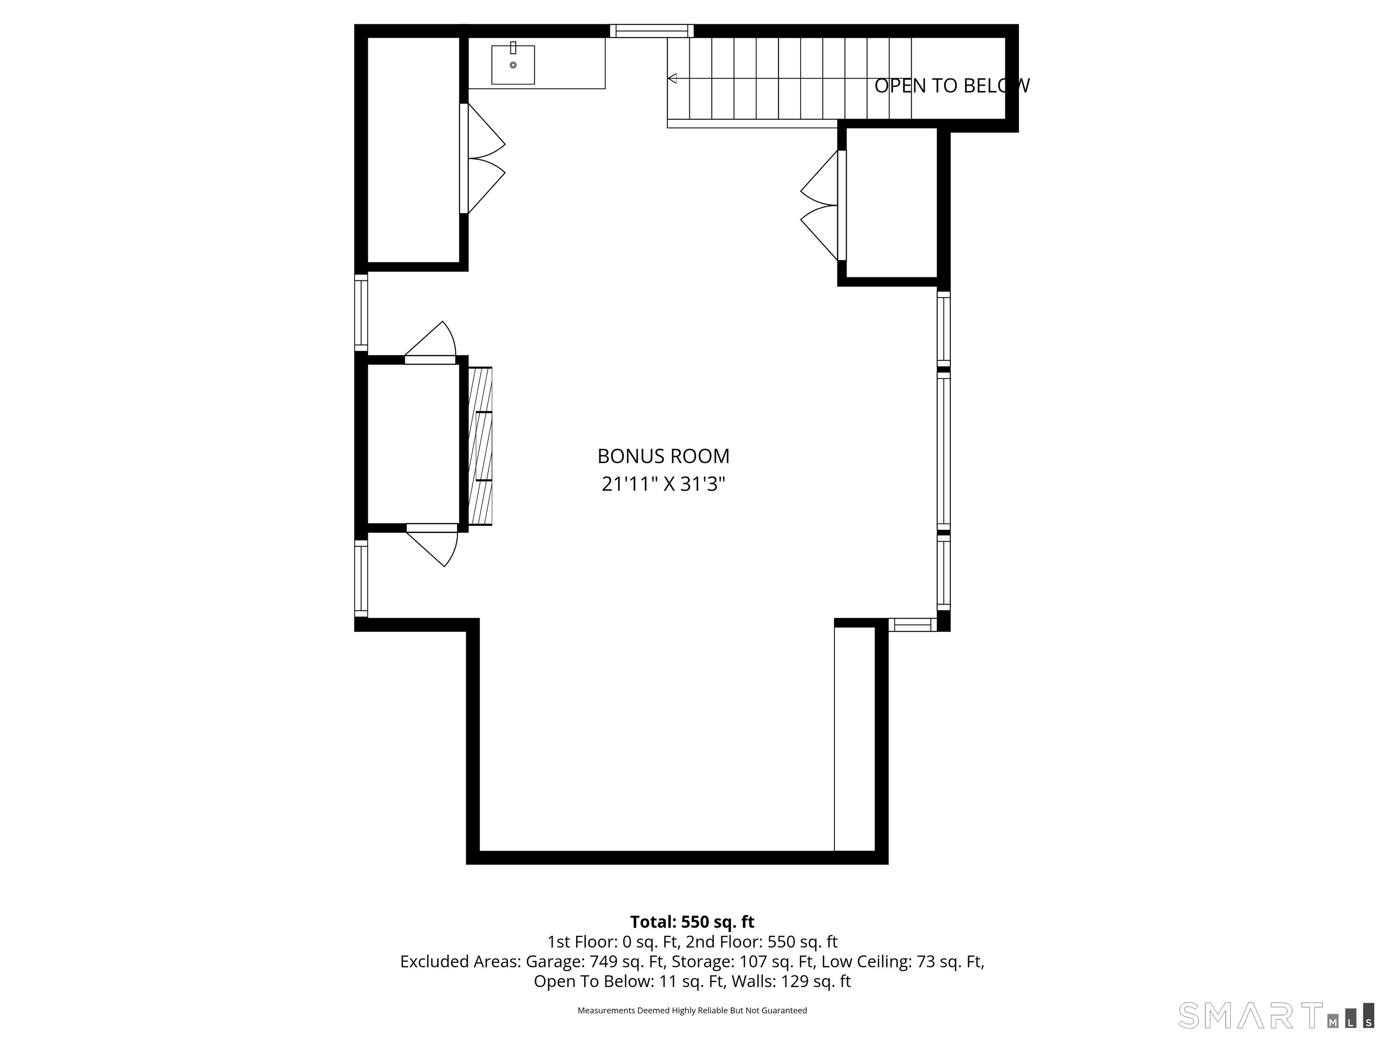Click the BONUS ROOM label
click(x=663, y=456)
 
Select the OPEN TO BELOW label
click(x=952, y=86)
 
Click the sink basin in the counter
click(x=513, y=64)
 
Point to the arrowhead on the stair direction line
click(x=673, y=78)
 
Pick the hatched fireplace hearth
click(x=480, y=446)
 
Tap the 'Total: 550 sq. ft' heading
click(x=692, y=922)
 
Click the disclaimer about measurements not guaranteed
click(x=692, y=1010)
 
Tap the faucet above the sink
click(x=513, y=48)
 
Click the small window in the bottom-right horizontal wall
click(x=912, y=625)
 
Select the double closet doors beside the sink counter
click(x=482, y=158)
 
